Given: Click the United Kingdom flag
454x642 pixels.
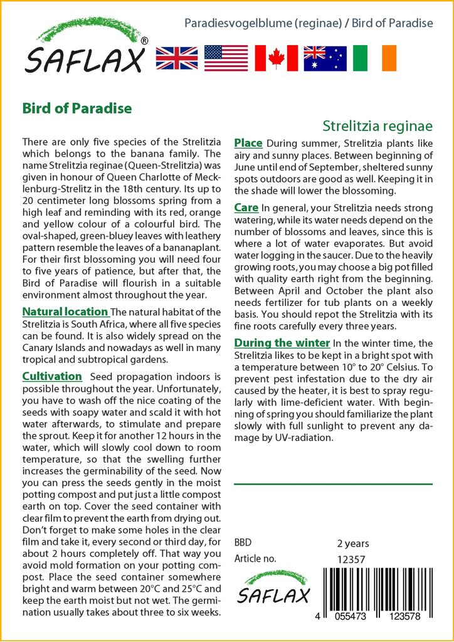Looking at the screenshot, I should pos(177,58).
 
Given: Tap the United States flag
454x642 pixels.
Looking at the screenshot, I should pos(226,58).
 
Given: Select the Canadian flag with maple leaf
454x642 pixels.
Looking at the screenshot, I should pos(276,58).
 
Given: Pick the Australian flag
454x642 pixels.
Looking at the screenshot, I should pos(325,58).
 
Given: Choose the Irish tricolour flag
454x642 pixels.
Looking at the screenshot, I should pos(374,58).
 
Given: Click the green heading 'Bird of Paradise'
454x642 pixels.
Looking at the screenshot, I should pos(77,108).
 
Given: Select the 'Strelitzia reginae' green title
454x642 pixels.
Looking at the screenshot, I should pos(377,125).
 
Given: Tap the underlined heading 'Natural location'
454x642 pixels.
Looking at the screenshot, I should pos(65,312).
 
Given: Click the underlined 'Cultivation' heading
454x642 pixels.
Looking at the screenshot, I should pos(52,376).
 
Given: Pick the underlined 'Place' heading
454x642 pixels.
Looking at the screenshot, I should pos(248,143).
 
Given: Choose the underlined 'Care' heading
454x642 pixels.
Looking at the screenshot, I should pos(246,208).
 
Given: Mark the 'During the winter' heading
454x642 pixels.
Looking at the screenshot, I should pos(282,343).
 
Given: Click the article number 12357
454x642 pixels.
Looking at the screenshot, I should pos(351,559).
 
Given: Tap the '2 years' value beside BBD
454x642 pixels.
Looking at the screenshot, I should pos(353,543).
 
